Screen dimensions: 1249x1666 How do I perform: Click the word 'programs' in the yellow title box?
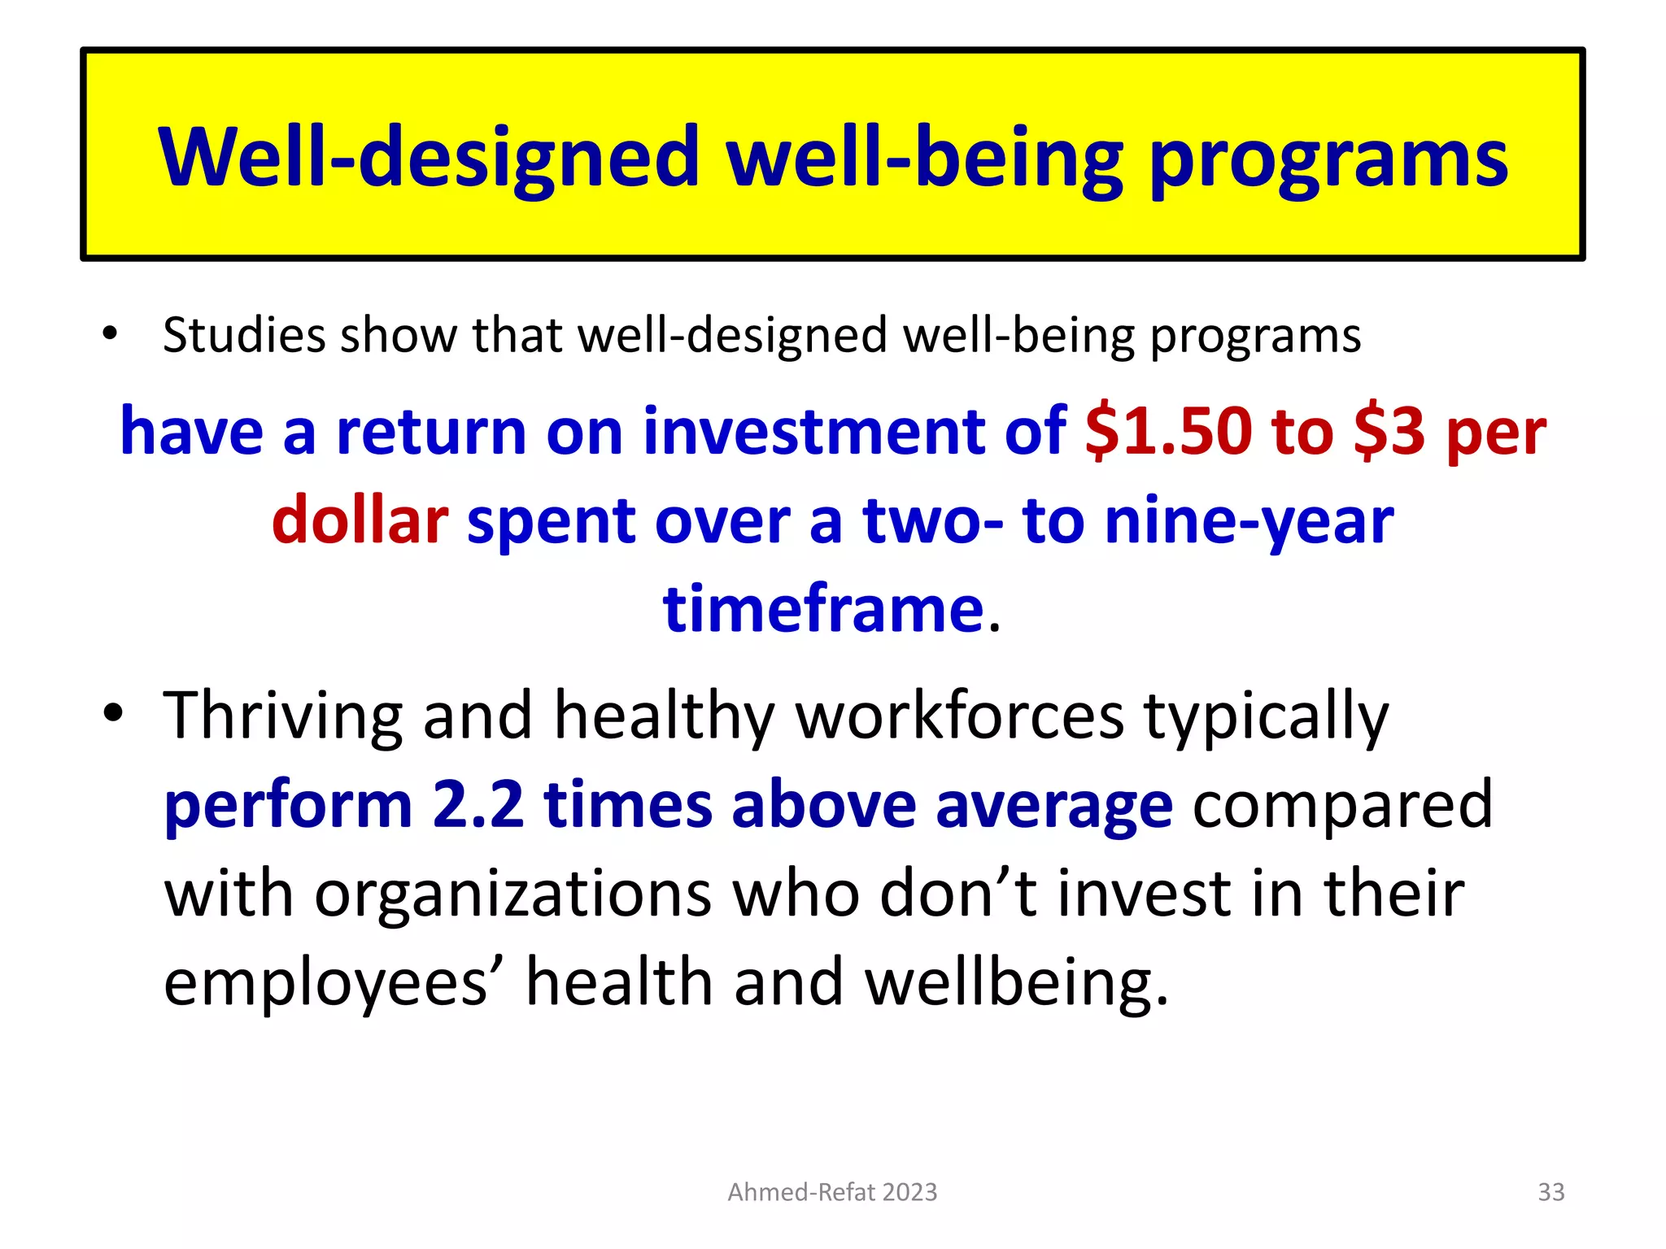tap(1328, 159)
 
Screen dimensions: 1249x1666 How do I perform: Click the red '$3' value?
tap(1389, 431)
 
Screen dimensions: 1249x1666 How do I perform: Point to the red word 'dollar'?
tap(360, 520)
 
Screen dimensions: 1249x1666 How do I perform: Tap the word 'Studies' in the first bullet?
tap(242, 335)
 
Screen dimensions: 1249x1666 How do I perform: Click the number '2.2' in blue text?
tap(478, 805)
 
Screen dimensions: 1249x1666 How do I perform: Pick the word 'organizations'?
tap(513, 894)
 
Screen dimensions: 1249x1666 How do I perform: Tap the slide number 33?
tap(1550, 1192)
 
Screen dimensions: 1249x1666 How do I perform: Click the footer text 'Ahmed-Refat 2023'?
tap(832, 1192)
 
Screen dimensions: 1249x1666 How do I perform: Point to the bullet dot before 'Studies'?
tap(111, 334)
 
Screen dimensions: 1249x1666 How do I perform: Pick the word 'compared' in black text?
tap(1342, 805)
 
